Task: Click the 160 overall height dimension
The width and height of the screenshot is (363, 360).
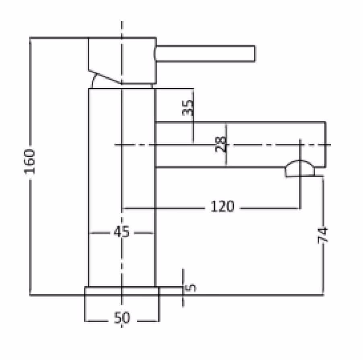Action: click(x=30, y=162)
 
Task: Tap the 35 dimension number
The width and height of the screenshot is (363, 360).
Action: click(x=188, y=108)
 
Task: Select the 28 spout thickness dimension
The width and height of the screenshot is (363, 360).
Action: click(x=221, y=145)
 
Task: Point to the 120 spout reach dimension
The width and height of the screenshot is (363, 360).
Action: click(x=223, y=207)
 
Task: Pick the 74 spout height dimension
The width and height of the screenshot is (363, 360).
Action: click(x=323, y=235)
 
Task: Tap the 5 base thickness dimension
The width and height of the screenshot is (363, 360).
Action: click(x=190, y=288)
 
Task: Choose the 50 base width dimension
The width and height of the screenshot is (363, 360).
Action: click(x=122, y=317)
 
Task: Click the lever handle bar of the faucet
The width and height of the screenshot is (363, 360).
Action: click(x=205, y=54)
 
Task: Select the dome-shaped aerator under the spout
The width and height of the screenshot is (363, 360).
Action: click(x=300, y=169)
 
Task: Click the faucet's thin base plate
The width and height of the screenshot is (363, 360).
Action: click(x=122, y=291)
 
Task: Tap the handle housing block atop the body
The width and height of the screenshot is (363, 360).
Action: click(x=122, y=60)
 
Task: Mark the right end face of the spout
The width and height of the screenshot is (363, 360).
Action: click(x=326, y=145)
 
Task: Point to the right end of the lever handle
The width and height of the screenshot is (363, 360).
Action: click(x=255, y=54)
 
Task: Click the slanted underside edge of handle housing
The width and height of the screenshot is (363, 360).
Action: click(x=105, y=77)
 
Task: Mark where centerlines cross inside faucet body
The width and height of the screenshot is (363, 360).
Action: click(x=122, y=145)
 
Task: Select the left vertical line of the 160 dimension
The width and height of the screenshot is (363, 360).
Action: click(x=30, y=166)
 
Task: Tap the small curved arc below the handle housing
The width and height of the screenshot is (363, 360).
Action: click(x=93, y=81)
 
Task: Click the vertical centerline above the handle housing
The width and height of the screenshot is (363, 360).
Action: click(x=122, y=29)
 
